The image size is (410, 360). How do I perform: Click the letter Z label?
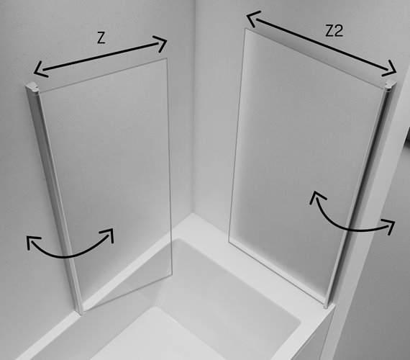pos(101,38)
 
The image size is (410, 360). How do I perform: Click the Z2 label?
pos(334,31)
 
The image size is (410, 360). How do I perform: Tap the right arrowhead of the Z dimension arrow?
pos(161,43)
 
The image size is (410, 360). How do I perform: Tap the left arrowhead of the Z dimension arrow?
pos(40,69)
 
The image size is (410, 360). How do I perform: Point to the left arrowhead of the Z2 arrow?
pos(253,18)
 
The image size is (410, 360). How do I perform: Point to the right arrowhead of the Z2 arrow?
pos(391,69)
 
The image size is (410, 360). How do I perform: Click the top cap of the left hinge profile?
pos(32,87)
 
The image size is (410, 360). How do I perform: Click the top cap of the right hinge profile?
pos(390,84)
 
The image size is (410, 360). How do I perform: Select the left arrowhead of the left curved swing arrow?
pos(32,241)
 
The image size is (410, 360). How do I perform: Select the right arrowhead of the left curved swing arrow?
pos(109,233)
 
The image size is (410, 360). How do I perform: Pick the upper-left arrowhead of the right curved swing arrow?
pos(316,197)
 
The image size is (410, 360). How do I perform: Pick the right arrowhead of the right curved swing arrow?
pos(389,225)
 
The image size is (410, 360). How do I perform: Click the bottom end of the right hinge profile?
pos(326,305)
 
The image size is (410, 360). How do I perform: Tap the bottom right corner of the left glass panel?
pos(172,274)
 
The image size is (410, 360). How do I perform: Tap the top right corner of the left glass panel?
pos(167,58)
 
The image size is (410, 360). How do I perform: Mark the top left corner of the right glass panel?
pos(245,29)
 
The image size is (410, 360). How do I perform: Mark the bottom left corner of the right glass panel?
pos(229,241)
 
